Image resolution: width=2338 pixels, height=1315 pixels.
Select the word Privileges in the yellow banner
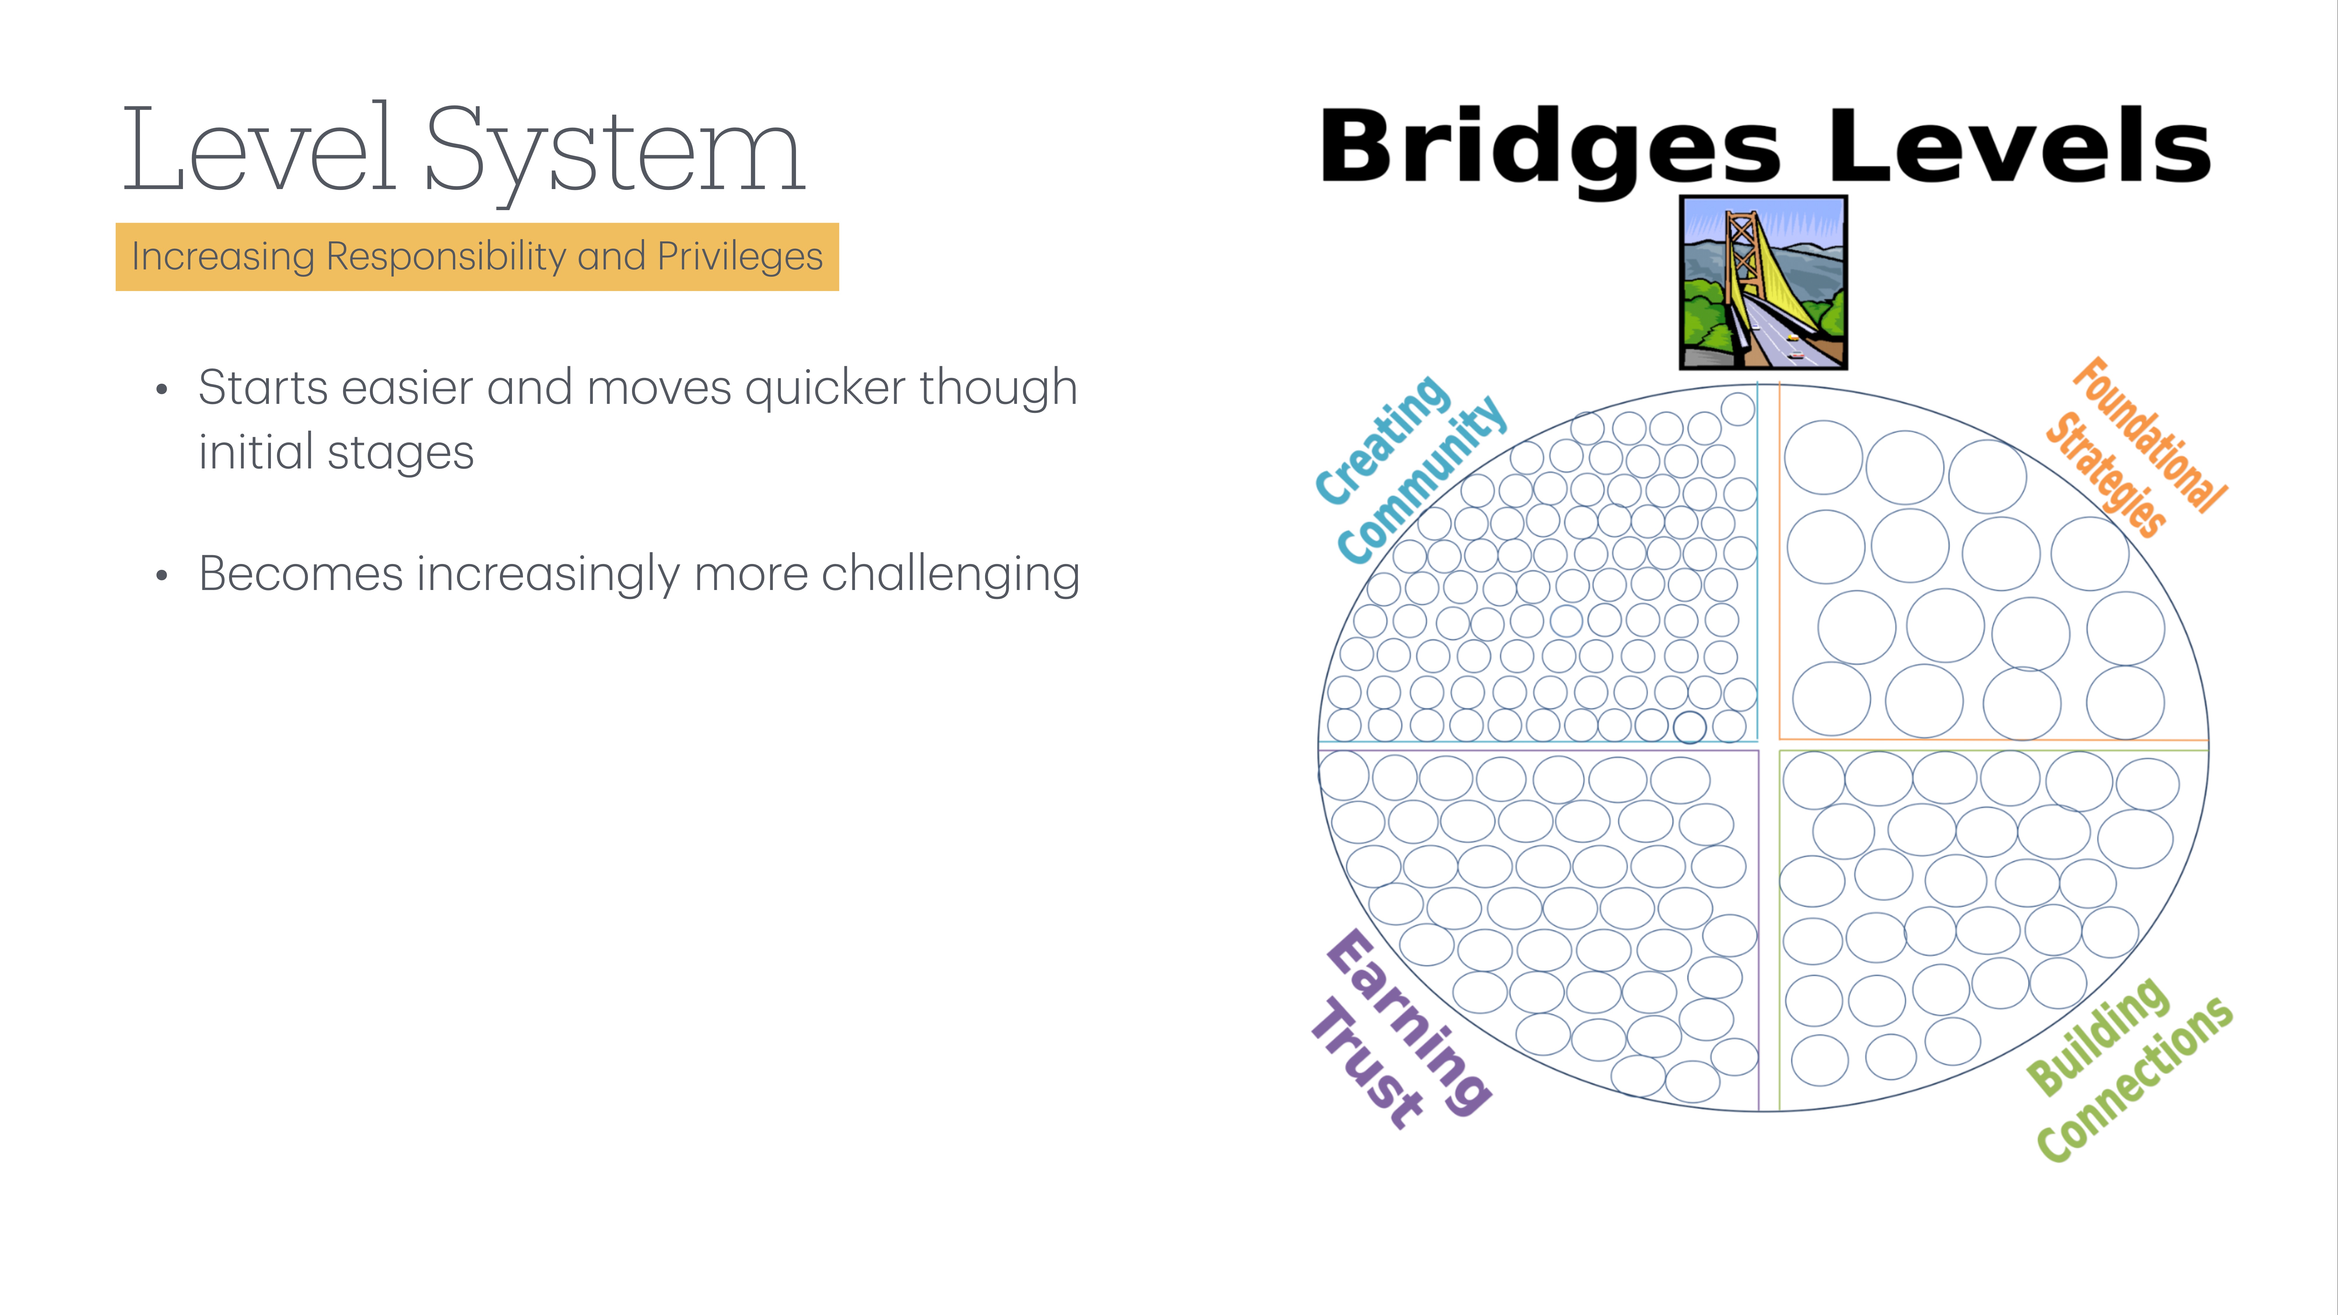click(x=740, y=257)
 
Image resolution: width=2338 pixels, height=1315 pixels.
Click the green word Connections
click(x=2135, y=1080)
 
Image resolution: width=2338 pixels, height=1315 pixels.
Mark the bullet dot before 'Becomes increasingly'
click(x=162, y=575)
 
